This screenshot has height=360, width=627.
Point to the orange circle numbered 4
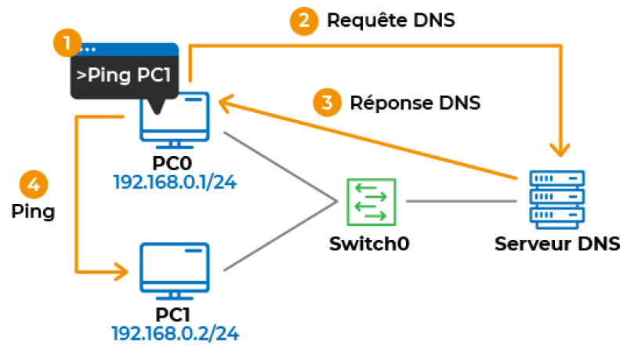pos(32,186)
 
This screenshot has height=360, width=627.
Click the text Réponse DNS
pos(415,103)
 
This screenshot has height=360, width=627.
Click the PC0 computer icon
pos(175,122)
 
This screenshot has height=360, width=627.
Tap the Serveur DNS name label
pos(557,244)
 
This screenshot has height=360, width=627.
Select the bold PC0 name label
pos(175,165)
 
